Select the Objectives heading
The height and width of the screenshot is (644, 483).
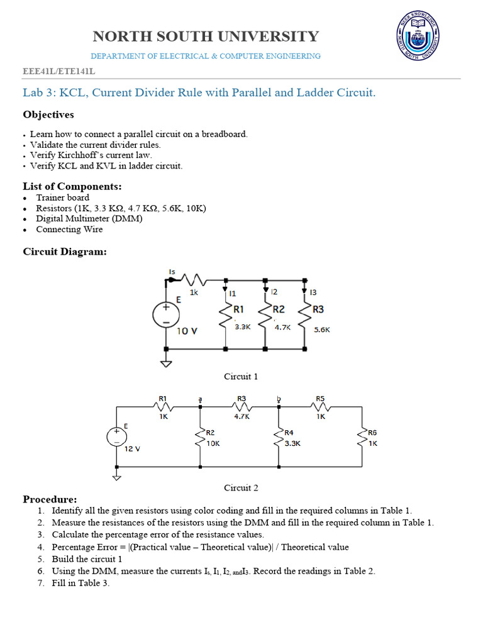pos(48,114)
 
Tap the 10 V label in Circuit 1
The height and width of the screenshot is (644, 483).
pos(187,331)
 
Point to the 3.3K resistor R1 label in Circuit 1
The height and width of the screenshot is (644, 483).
pos(239,309)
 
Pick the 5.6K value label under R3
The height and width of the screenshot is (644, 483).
pos(322,329)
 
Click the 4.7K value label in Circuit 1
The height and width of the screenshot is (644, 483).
pos(282,327)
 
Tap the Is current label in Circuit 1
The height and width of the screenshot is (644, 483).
pos(172,271)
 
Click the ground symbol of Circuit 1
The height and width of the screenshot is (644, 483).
pos(166,363)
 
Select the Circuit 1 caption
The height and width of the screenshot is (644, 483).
pos(241,377)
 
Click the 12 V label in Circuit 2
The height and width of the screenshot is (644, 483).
pos(133,449)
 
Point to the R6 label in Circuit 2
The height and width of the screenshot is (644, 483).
pos(373,433)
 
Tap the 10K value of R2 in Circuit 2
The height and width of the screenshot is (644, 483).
pos(213,443)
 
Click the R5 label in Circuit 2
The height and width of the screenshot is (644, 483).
pos(320,398)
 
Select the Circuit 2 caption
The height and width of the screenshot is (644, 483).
pos(241,487)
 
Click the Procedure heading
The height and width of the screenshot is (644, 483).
pos(50,499)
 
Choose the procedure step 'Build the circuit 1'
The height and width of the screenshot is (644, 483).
pos(87,559)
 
